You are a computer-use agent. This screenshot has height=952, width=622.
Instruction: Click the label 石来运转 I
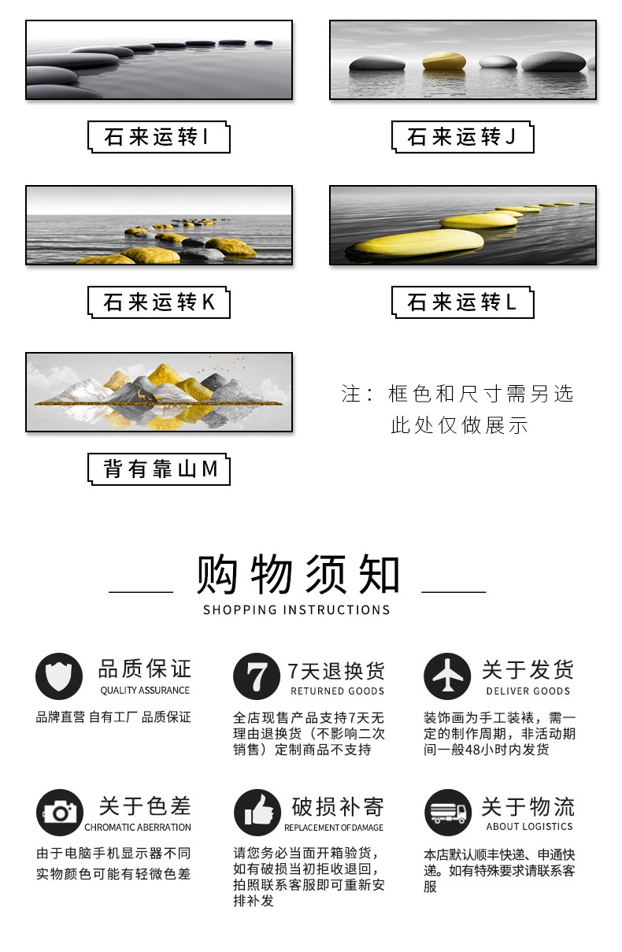coord(157,137)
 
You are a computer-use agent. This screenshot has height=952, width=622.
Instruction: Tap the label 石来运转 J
coord(461,137)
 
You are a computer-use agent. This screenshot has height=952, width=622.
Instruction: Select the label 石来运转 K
coord(159,302)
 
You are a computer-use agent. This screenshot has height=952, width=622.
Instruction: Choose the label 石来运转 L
coord(461,302)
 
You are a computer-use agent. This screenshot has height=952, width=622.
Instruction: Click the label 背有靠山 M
coord(160,469)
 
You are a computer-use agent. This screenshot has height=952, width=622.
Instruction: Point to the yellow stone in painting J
coord(443,61)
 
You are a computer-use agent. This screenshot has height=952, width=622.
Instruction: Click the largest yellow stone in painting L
coord(419,243)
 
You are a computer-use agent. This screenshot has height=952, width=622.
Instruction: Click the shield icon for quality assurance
coord(59,676)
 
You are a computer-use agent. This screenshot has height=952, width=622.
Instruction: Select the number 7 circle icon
coord(257,676)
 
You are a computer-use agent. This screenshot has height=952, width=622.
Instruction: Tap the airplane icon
coord(447,676)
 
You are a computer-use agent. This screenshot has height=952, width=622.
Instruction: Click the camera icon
coord(60,813)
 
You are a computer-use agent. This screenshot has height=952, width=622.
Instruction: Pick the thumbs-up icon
coord(257,813)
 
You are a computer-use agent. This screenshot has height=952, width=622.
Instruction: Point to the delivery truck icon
coord(448,813)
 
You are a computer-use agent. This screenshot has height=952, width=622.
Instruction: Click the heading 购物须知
coord(298,574)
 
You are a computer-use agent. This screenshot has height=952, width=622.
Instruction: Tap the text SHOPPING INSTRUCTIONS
coord(297,610)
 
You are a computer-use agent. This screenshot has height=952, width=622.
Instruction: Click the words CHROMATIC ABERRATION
coord(138,827)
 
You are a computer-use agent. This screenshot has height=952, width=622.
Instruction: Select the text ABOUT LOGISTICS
coord(529,826)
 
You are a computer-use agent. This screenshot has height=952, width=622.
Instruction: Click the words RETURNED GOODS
coord(337,691)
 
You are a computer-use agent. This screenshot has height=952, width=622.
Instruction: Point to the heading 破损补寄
coord(338,806)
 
